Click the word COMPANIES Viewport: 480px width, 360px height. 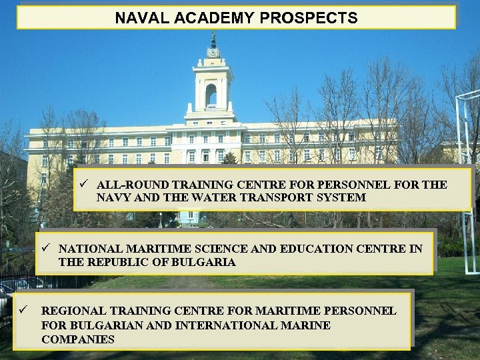coord(77,339)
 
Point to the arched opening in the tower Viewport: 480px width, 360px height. coord(211,95)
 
